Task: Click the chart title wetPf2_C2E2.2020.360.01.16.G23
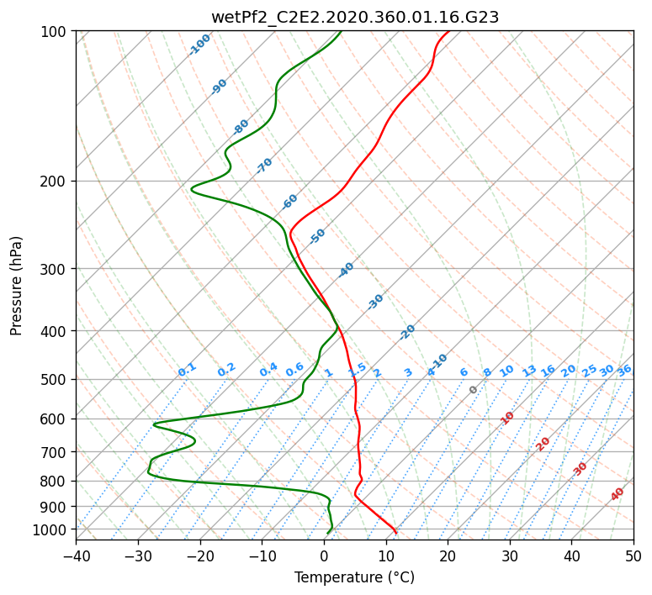pos(355,17)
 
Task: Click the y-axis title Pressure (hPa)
pos(16,286)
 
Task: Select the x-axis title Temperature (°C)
pos(355,577)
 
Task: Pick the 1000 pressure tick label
pos(52,530)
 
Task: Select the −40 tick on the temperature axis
pos(77,556)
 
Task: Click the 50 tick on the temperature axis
pos(633,556)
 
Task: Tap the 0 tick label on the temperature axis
pos(325,556)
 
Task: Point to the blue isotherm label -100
pos(199,45)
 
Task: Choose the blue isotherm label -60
pos(289,202)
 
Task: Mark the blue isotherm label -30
pos(375,302)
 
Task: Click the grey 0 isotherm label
pos(473,389)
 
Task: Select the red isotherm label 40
pos(617,494)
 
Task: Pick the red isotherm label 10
pos(507,418)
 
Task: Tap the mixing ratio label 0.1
pos(187,370)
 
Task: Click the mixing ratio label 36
pos(624,371)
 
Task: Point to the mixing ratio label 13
pos(529,371)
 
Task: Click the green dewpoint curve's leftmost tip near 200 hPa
pos(191,189)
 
